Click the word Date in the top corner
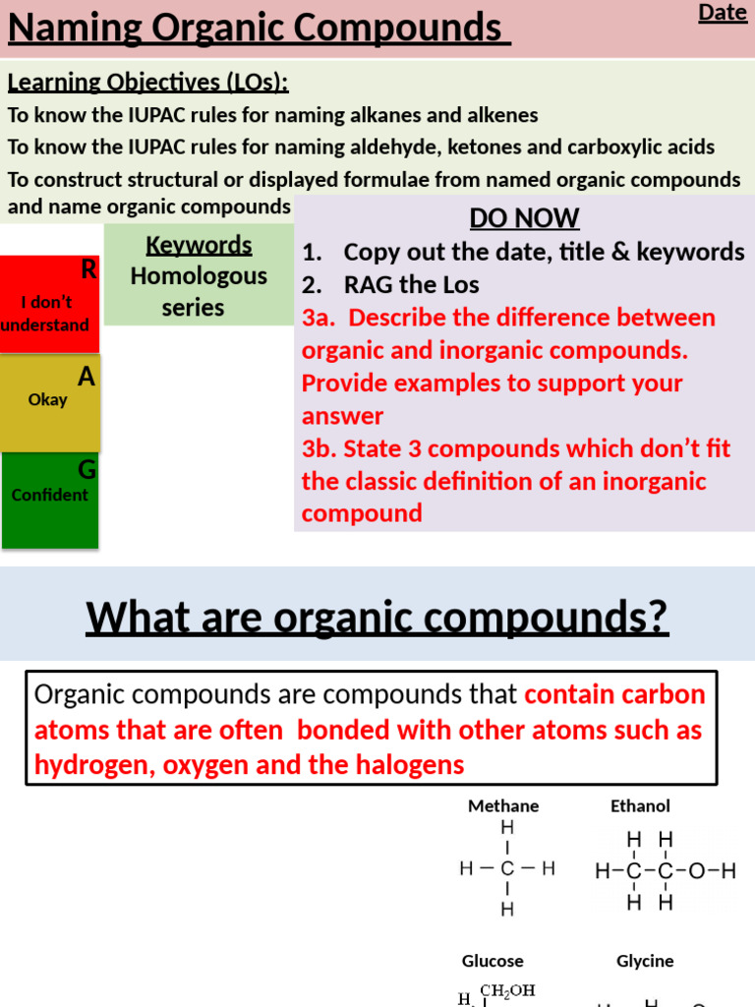(x=723, y=13)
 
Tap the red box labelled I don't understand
(x=49, y=304)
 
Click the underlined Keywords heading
(x=199, y=245)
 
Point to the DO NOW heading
(x=524, y=218)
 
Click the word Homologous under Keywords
(x=199, y=276)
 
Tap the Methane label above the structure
(x=503, y=805)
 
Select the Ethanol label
(x=640, y=805)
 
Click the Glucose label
(x=493, y=961)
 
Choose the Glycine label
(x=645, y=961)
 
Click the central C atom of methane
(x=507, y=869)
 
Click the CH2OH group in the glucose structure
(x=506, y=991)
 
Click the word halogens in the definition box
(x=406, y=765)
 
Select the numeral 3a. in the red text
(x=319, y=318)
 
